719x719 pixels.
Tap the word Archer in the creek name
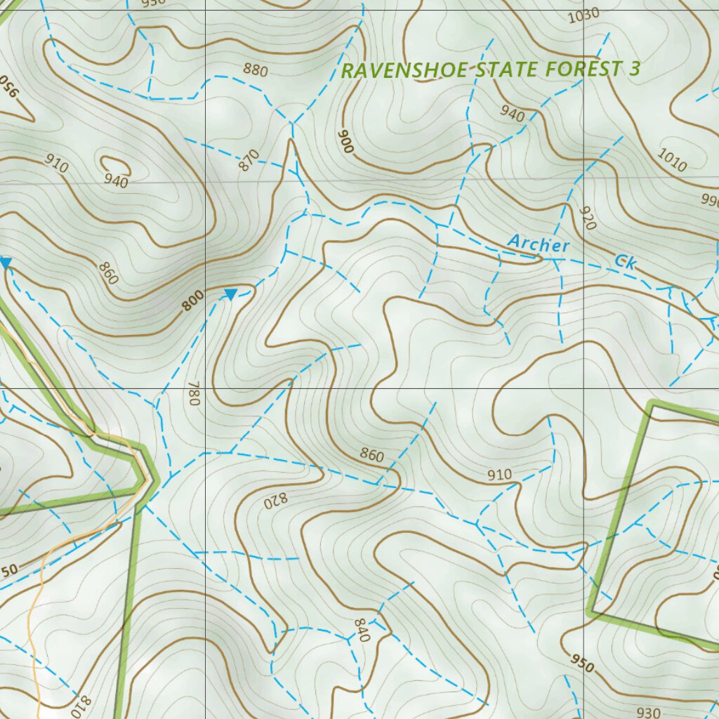click(x=539, y=244)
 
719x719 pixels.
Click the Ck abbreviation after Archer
click(x=625, y=262)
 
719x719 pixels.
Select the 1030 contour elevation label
click(x=583, y=13)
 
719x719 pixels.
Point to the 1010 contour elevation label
click(x=672, y=159)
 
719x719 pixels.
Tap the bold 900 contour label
click(x=345, y=143)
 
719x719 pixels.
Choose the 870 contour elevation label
click(x=249, y=161)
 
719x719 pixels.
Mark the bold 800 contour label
click(x=192, y=300)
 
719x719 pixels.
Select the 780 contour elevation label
click(x=194, y=398)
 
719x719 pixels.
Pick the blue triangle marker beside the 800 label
click(x=230, y=294)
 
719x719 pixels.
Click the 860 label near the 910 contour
click(x=371, y=456)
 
